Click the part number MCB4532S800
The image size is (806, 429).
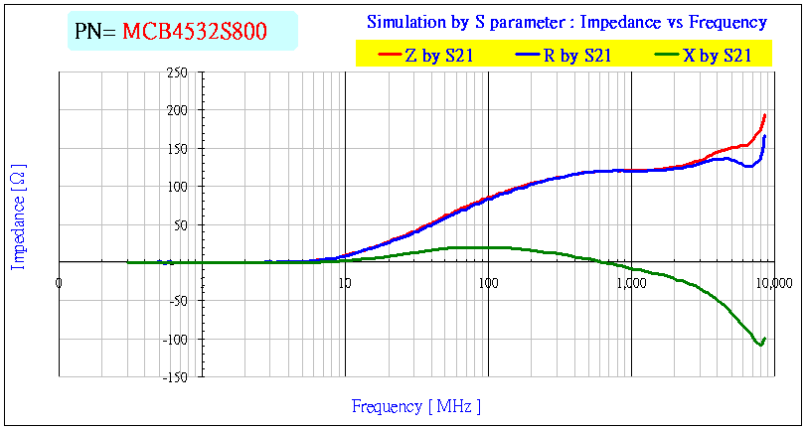click(x=194, y=32)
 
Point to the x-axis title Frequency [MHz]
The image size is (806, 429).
click(x=415, y=406)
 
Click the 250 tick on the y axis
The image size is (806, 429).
click(x=177, y=73)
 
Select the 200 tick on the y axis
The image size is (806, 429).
click(x=177, y=111)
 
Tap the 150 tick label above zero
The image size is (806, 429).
click(x=177, y=149)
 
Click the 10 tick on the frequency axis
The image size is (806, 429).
click(x=345, y=282)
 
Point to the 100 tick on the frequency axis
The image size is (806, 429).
click(x=488, y=282)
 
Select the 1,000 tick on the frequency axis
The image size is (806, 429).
click(x=631, y=282)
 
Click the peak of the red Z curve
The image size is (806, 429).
click(x=764, y=115)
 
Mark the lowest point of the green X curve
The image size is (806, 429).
click(x=760, y=345)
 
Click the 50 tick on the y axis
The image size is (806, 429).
click(x=180, y=225)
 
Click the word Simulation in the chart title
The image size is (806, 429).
click(x=405, y=22)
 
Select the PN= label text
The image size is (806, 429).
click(x=96, y=32)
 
